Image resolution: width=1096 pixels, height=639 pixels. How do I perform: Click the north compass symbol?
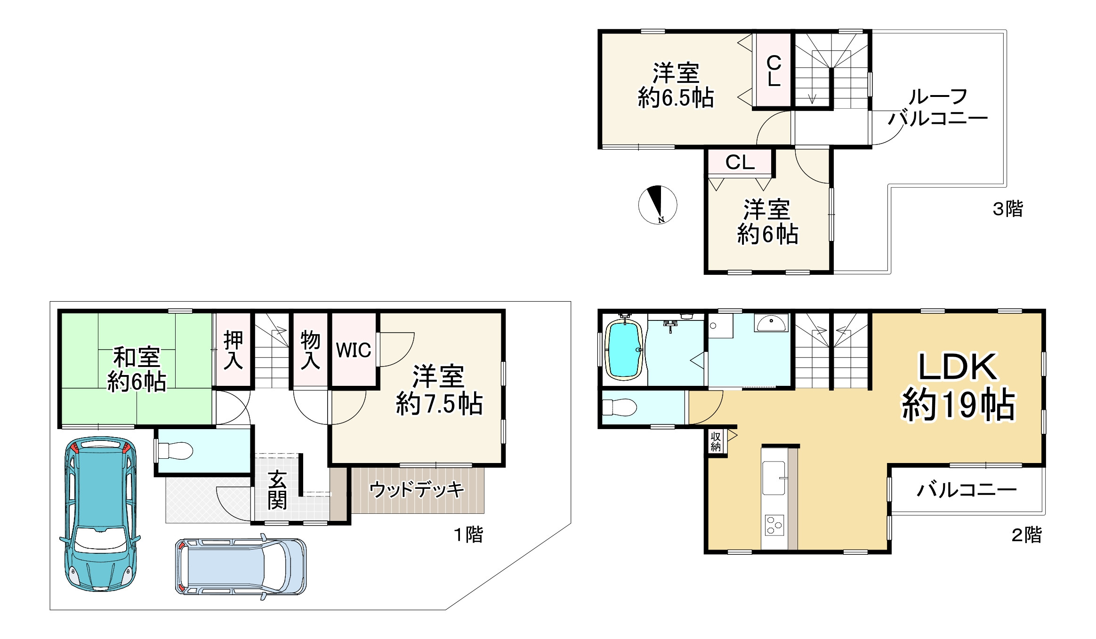click(657, 205)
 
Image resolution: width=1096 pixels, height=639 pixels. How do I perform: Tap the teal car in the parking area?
click(100, 514)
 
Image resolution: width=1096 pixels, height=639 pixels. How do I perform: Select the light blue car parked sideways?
click(241, 567)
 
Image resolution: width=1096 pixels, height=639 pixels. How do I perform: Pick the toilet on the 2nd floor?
click(620, 407)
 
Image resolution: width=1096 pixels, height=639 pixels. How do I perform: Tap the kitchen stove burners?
click(774, 525)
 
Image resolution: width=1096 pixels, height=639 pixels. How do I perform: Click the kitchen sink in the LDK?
click(774, 478)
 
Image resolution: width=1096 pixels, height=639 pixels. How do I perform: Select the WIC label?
click(354, 350)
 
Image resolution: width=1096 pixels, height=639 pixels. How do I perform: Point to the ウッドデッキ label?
click(417, 490)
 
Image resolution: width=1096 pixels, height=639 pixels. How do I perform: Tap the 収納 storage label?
click(716, 441)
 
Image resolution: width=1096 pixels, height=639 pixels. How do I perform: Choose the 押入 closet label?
click(233, 350)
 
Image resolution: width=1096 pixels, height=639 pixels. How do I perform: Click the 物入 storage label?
click(310, 350)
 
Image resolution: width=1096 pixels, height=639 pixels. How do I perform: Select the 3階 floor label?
click(1008, 208)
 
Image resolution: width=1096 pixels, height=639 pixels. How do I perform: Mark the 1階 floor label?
click(468, 535)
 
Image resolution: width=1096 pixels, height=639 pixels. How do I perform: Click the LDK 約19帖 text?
click(958, 386)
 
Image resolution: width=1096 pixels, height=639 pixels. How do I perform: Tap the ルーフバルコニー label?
click(938, 107)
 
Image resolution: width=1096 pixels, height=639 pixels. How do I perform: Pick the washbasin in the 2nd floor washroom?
click(771, 323)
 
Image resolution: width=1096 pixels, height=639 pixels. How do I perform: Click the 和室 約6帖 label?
click(137, 370)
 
